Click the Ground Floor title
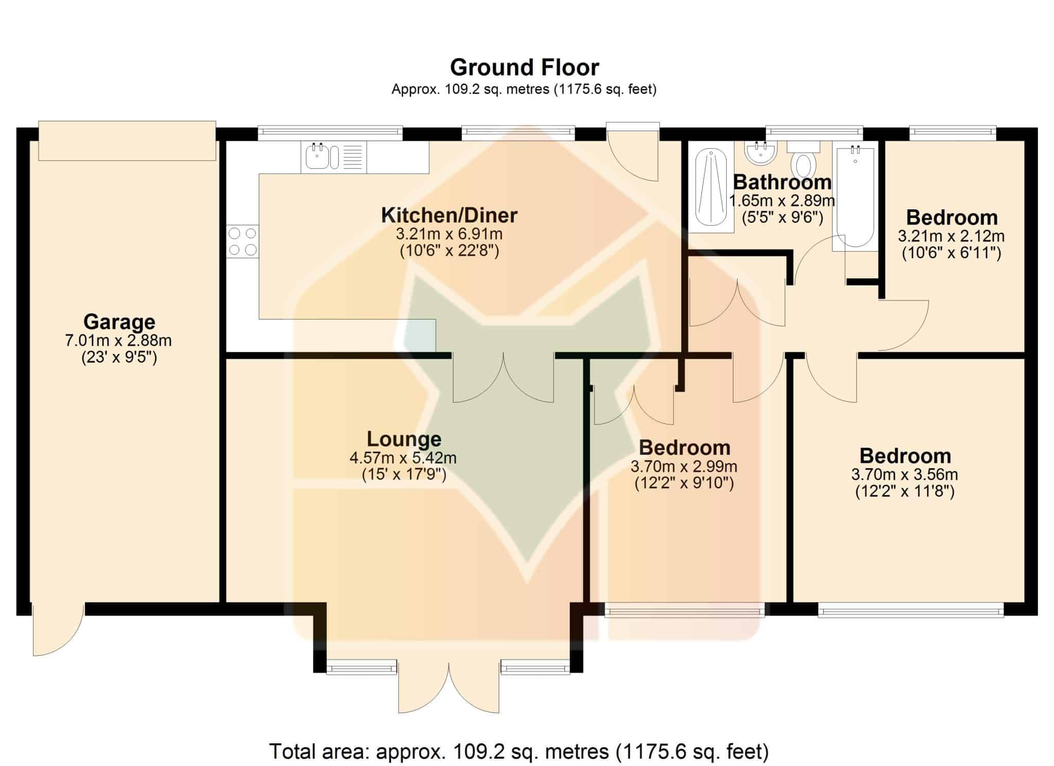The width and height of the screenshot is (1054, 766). (x=524, y=67)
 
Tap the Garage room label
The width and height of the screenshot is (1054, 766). (x=119, y=322)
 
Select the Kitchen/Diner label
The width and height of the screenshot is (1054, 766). (x=449, y=215)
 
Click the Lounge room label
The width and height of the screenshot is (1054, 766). (x=404, y=439)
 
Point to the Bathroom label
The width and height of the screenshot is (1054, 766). (x=782, y=182)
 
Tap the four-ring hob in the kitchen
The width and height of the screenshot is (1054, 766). (x=242, y=241)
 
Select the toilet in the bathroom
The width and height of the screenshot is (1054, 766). (x=803, y=159)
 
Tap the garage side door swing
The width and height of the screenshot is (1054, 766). (x=58, y=630)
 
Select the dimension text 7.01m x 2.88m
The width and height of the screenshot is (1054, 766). (x=118, y=341)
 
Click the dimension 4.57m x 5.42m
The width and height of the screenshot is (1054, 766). (x=403, y=457)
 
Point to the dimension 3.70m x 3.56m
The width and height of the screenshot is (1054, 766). (x=905, y=474)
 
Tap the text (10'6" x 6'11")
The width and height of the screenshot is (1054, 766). (x=952, y=253)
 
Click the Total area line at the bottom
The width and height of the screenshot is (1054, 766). (x=519, y=752)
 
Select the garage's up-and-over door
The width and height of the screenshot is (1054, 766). (x=127, y=141)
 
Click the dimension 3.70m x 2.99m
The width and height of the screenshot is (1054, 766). (x=684, y=467)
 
